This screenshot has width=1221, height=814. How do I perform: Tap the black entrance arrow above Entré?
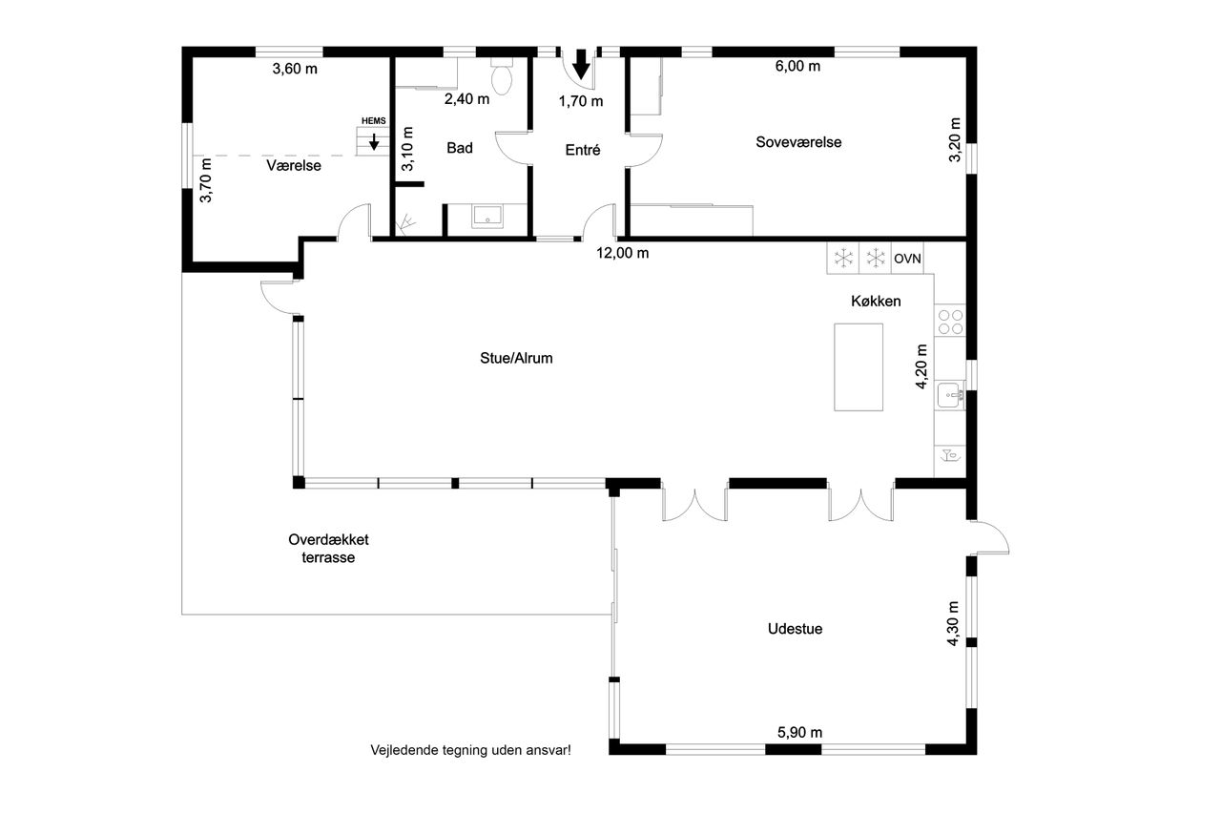[x=581, y=64]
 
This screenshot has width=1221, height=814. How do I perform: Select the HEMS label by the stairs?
[x=373, y=121]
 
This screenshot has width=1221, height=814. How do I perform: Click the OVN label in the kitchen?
[x=907, y=259]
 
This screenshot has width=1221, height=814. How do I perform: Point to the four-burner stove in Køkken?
[x=950, y=322]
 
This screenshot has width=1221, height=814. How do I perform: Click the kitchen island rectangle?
[x=859, y=367]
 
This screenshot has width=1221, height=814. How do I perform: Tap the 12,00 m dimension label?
[x=623, y=253]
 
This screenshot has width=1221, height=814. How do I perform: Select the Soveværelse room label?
[x=798, y=142]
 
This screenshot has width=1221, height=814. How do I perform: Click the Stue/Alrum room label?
[x=516, y=358]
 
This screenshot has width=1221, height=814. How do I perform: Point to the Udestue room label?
[x=795, y=629]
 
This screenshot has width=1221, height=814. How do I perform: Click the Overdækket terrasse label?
[x=328, y=549]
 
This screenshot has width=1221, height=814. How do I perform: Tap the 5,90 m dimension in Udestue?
[x=799, y=732]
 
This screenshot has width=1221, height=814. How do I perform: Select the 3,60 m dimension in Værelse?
[x=295, y=69]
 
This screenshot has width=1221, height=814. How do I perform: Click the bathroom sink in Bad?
[x=487, y=217]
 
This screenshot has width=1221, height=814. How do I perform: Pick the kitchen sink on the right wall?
[x=951, y=395]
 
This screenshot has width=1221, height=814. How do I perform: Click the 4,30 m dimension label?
[x=953, y=624]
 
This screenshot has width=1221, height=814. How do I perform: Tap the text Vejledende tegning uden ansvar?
[x=471, y=750]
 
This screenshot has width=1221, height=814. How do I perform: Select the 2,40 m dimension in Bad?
[x=466, y=99]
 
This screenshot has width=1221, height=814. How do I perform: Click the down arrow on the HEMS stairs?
[x=374, y=142]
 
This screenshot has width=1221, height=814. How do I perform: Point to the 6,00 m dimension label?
[x=797, y=66]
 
